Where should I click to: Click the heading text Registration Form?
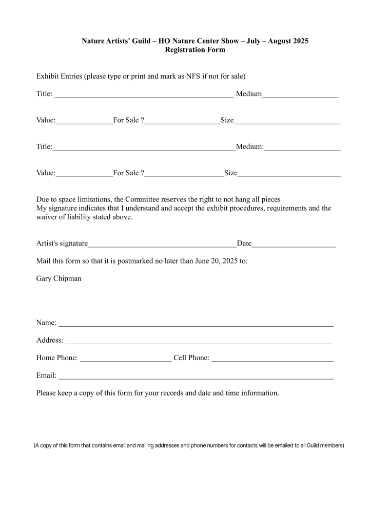194,50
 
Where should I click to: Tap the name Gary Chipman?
59,278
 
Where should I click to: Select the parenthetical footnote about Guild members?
189,445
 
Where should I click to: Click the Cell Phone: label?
191,358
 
